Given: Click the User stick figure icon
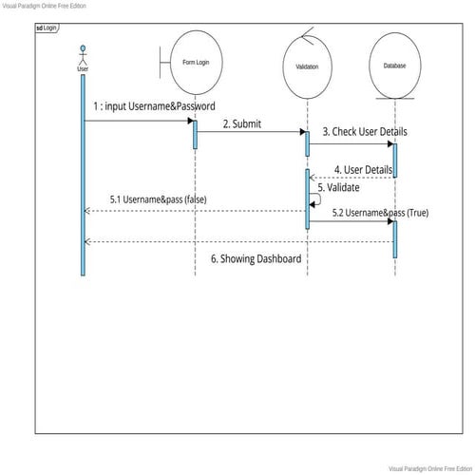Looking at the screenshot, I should [x=83, y=54].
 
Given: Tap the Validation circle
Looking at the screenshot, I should [x=307, y=66].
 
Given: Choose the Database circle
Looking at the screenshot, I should [x=394, y=66].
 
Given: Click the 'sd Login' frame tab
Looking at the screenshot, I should [x=47, y=28].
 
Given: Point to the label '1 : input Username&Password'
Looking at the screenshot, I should [x=154, y=106].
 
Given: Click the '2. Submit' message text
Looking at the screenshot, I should [x=242, y=123].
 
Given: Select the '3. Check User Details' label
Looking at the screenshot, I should [x=357, y=132].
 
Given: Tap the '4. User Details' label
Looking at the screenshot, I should [x=363, y=170].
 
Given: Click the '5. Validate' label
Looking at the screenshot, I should [x=338, y=188].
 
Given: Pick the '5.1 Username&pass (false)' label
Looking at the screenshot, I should [x=159, y=199].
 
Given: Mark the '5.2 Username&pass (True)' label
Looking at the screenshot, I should [x=380, y=213].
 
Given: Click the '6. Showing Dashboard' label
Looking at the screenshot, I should [x=256, y=258].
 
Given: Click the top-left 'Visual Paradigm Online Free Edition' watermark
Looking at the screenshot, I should [x=44, y=6].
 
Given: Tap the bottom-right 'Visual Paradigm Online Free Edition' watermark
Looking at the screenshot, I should [x=429, y=468].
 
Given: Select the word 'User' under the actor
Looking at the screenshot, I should [x=83, y=68].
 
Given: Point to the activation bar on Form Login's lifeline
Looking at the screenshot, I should [x=195, y=133].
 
